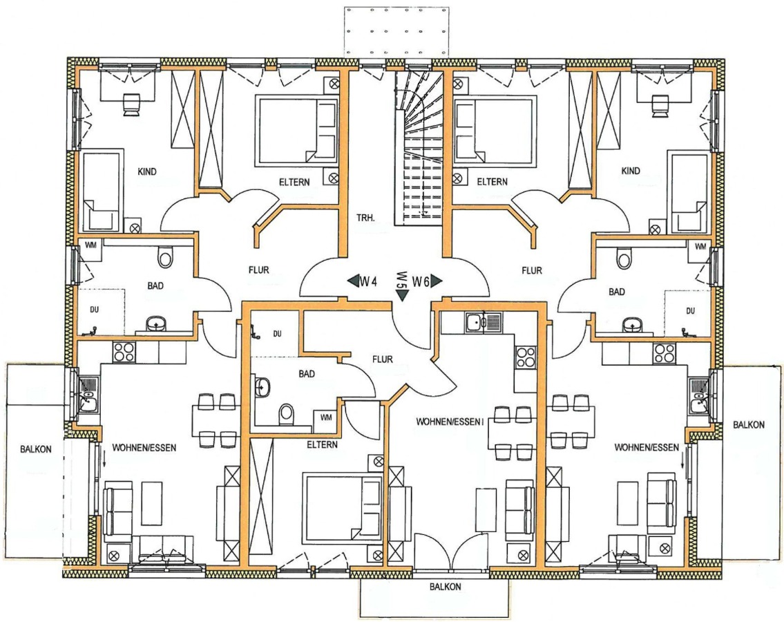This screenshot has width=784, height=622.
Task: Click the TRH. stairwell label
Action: pos(365,218)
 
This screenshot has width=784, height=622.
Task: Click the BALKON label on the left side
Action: pos(35,449)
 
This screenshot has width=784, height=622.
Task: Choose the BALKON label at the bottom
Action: pos(446,587)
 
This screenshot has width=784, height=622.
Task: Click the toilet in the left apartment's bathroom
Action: pos(165,257)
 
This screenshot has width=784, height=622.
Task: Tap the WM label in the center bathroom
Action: pos(326,417)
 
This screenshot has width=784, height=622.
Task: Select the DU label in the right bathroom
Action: pos(691,311)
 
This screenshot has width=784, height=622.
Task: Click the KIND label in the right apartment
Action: pos(631,171)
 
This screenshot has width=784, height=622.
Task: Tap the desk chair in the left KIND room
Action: pos(131,104)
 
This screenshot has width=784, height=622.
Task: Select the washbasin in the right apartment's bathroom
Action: pos(633,326)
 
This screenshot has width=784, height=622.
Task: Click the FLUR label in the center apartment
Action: pos(383,359)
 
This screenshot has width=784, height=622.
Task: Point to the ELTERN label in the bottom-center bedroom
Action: pos(322,444)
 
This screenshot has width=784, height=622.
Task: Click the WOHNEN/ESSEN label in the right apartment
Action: pos(647,447)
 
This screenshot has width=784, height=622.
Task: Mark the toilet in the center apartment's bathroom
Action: pos(287,413)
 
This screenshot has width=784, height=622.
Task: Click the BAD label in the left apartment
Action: pos(155,285)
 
